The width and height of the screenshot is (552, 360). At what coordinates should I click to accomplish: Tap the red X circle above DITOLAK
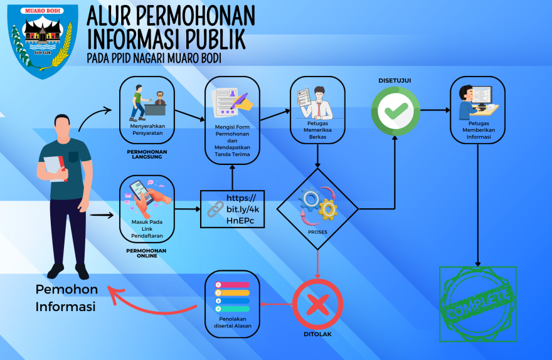pos(317,304)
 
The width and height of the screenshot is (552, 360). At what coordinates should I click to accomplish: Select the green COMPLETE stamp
pos(478,304)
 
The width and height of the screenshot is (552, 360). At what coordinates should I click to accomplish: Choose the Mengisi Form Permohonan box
pos(232,120)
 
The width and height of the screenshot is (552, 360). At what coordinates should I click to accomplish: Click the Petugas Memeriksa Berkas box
pos(317,110)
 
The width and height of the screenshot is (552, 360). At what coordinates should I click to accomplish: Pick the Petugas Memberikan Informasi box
pos(477,110)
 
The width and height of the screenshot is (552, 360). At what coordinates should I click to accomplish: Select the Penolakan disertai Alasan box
pos(232,304)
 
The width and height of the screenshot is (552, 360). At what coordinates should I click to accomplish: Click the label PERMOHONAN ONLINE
pos(147,253)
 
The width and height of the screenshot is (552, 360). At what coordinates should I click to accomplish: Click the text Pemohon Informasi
pos(66,298)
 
